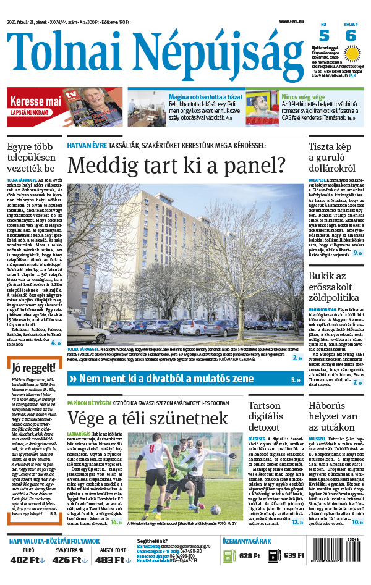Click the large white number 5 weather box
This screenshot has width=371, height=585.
click(324, 36)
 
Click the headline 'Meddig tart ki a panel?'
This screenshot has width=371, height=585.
click(176, 165)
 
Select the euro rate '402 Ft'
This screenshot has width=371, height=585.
click(28, 560)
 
